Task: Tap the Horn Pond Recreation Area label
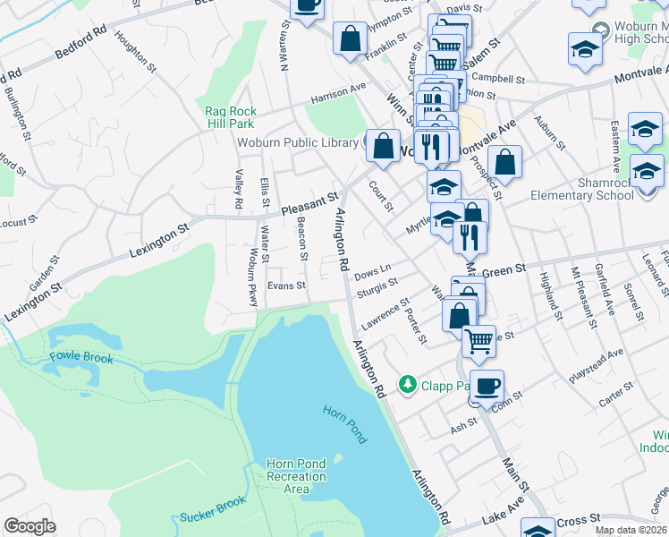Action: click(x=296, y=476)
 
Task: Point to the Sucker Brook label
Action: click(x=212, y=509)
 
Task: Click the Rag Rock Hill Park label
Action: click(x=230, y=117)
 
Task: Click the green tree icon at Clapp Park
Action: click(x=408, y=384)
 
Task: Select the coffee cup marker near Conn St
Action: click(x=487, y=387)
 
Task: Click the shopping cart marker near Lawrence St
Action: click(x=478, y=340)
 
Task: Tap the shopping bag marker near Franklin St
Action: click(x=350, y=38)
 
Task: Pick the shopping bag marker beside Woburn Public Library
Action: click(x=384, y=148)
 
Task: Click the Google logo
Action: click(x=30, y=525)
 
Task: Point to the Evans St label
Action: click(x=288, y=286)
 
